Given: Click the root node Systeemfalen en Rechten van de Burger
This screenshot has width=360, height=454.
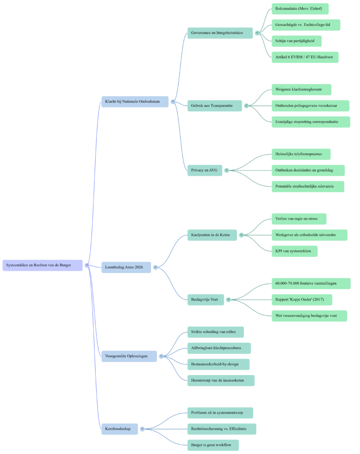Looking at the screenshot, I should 43,265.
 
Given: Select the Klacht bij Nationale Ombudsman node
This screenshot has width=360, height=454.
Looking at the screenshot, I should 135,102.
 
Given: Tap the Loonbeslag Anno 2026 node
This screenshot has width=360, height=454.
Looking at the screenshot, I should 126,267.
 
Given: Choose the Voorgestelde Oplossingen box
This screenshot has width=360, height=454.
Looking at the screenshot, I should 129,356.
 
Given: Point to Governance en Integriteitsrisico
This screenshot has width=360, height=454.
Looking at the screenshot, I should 220,33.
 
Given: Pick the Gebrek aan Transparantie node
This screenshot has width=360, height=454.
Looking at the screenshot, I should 215,106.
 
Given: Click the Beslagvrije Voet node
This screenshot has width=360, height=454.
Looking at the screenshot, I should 204,299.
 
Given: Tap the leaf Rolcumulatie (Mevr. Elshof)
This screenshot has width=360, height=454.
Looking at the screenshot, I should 300,8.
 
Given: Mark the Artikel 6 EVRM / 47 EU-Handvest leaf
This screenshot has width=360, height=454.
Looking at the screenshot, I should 305,57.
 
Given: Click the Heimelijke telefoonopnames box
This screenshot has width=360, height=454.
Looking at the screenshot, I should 301,154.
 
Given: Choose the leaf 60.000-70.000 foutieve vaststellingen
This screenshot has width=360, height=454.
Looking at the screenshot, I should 311,283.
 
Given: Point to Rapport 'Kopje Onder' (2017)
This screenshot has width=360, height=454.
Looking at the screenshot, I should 301,300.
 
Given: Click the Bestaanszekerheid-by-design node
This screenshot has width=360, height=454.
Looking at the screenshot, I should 218,364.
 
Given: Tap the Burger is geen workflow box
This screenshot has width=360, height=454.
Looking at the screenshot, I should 213,445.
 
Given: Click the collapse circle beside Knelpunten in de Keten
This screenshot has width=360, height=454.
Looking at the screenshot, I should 242,235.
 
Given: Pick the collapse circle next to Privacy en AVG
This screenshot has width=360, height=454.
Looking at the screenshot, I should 227,170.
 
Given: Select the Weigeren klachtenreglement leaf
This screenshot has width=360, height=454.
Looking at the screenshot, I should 301,89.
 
